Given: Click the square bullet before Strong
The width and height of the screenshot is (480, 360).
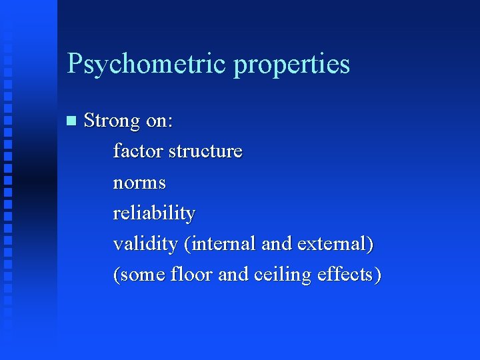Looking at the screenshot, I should pos(72,121).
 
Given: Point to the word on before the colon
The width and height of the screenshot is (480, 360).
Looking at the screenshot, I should pos(158,121).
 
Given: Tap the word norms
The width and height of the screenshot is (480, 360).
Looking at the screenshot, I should pos(139,183).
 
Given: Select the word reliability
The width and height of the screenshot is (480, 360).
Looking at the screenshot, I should pos(154,213).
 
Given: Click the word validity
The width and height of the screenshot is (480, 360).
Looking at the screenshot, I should pos(145,244).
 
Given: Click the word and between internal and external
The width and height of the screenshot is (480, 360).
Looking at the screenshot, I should pos(276,244).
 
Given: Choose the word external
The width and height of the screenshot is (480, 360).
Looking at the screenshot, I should pos(333,244).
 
